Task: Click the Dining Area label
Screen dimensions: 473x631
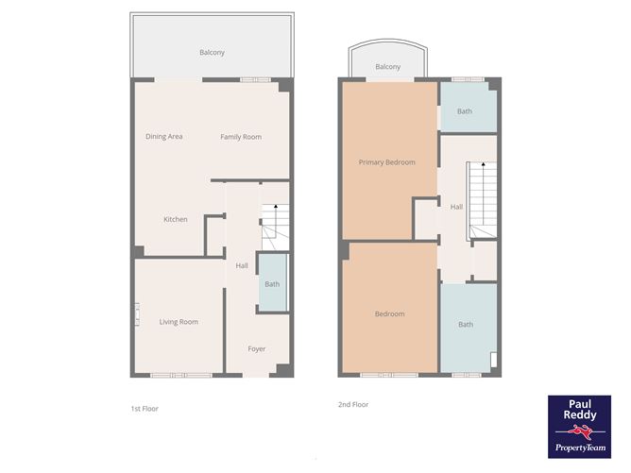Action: (x=163, y=137)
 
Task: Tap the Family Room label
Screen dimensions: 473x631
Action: (x=241, y=137)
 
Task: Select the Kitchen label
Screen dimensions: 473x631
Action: (x=175, y=219)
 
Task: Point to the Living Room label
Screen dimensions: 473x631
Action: (x=179, y=322)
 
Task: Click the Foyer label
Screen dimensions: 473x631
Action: (x=257, y=348)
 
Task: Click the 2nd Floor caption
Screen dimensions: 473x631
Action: (x=352, y=404)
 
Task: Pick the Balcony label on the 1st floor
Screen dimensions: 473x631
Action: (x=212, y=53)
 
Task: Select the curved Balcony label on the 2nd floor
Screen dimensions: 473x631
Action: (x=387, y=67)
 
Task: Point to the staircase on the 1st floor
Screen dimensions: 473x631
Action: (x=273, y=224)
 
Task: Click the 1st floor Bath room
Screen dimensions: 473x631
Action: (x=272, y=282)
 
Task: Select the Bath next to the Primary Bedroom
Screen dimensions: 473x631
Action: (x=465, y=110)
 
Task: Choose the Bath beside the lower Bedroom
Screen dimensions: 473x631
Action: (x=467, y=326)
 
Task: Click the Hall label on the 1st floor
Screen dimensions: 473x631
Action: (x=242, y=265)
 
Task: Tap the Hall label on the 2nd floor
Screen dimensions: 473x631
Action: (x=456, y=207)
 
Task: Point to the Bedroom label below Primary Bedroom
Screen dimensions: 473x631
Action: (x=389, y=313)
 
